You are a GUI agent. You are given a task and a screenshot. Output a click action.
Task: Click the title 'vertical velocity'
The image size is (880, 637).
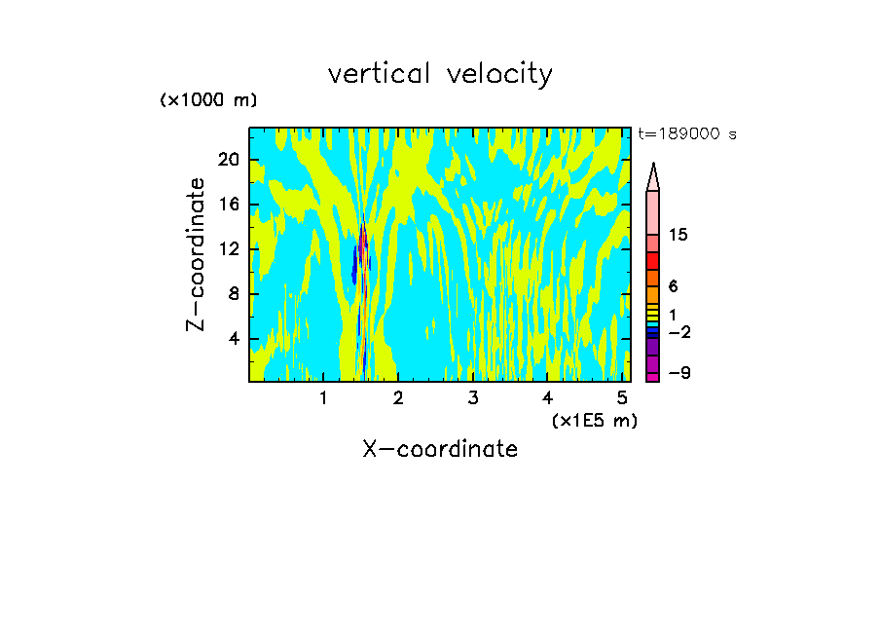[440, 74]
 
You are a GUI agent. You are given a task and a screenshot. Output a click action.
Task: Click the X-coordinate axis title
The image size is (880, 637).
[440, 449]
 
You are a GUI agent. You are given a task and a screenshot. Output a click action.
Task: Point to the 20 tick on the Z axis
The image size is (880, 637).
[230, 160]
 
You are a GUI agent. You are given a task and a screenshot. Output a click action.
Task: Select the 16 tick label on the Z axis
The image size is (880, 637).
[230, 205]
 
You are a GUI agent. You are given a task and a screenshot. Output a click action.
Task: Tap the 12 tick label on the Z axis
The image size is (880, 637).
[230, 249]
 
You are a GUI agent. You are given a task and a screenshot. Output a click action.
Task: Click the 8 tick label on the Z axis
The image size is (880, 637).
[235, 294]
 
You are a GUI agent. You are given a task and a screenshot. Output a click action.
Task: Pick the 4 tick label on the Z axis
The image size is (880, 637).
[235, 339]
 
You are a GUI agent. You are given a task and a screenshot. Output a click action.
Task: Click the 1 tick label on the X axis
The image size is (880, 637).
[323, 398]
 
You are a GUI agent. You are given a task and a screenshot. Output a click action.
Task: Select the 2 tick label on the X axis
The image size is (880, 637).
[398, 398]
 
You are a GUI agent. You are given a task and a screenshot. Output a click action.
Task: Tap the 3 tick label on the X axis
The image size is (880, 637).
[473, 398]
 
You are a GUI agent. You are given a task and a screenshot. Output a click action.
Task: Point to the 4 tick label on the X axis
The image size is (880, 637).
[548, 398]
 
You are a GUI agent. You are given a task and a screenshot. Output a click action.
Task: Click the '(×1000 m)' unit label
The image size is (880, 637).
[208, 100]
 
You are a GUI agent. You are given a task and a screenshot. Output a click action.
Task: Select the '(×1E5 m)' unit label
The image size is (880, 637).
[595, 421]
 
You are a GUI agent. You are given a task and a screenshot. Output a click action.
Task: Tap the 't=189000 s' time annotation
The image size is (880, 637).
[687, 134]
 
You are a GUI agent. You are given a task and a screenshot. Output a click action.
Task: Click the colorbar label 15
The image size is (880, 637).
[679, 235]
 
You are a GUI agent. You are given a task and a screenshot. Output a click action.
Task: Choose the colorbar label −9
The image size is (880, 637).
[679, 374]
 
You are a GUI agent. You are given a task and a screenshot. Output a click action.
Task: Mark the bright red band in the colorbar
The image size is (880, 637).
[653, 261]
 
